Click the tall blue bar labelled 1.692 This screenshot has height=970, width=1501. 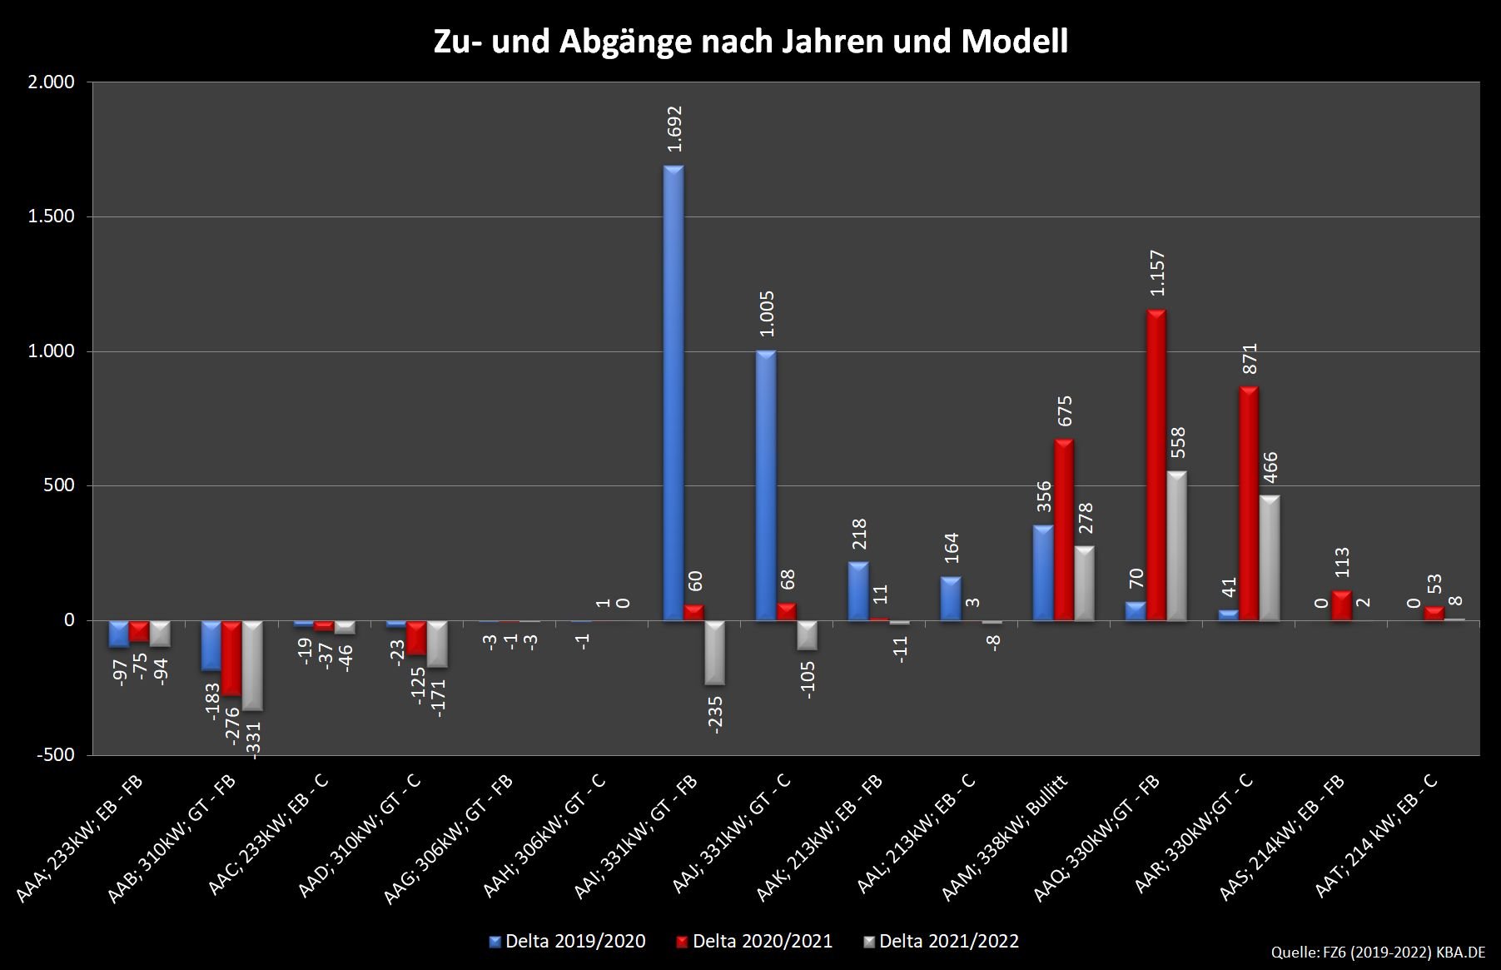coord(673,391)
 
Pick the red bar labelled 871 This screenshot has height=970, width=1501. coord(1248,503)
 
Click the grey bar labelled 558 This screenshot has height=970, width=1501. coord(1176,545)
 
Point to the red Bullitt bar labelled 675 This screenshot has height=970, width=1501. coord(1064,530)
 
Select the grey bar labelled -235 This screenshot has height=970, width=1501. coord(714,653)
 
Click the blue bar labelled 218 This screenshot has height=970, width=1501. coord(858,591)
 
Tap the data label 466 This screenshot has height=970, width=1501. coord(1270,473)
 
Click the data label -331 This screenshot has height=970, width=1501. coord(255,739)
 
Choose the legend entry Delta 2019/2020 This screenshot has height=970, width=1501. coord(568,942)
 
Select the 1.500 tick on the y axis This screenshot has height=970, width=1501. coord(52,216)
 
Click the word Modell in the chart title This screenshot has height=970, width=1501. coord(1014,42)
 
